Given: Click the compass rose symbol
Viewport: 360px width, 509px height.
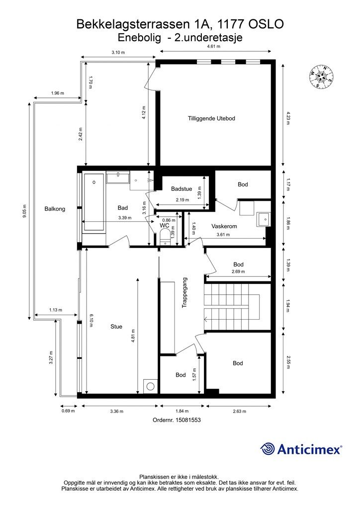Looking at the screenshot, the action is tap(321, 77).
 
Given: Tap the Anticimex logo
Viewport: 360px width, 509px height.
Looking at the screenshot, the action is tap(301, 449).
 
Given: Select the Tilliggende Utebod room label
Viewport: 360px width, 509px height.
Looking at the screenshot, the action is tap(211, 118).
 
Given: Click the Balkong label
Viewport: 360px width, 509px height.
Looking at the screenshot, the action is tap(55, 209).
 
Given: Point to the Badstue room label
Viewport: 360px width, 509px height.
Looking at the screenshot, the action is tap(181, 188).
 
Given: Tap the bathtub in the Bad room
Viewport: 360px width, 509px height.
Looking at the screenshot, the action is tap(94, 202).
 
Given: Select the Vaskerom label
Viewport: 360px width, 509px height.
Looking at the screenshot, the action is tap(224, 226).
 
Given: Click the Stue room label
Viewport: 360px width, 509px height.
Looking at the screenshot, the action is tap(116, 327).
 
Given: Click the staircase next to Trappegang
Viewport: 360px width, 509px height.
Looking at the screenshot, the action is tap(232, 307).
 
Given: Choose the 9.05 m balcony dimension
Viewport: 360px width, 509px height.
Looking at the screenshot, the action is tap(25, 211).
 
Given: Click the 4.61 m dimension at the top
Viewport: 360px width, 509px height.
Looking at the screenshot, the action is tap(214, 46).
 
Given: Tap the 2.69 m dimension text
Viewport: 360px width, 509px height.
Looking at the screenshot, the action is tap(238, 272).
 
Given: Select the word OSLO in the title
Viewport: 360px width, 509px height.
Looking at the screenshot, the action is tap(266, 24).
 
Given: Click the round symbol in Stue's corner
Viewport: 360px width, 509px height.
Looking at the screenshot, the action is tap(150, 386).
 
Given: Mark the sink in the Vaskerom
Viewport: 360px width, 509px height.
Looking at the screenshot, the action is tap(263, 219).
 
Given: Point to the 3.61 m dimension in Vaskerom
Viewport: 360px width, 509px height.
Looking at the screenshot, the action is tap(223, 235).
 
